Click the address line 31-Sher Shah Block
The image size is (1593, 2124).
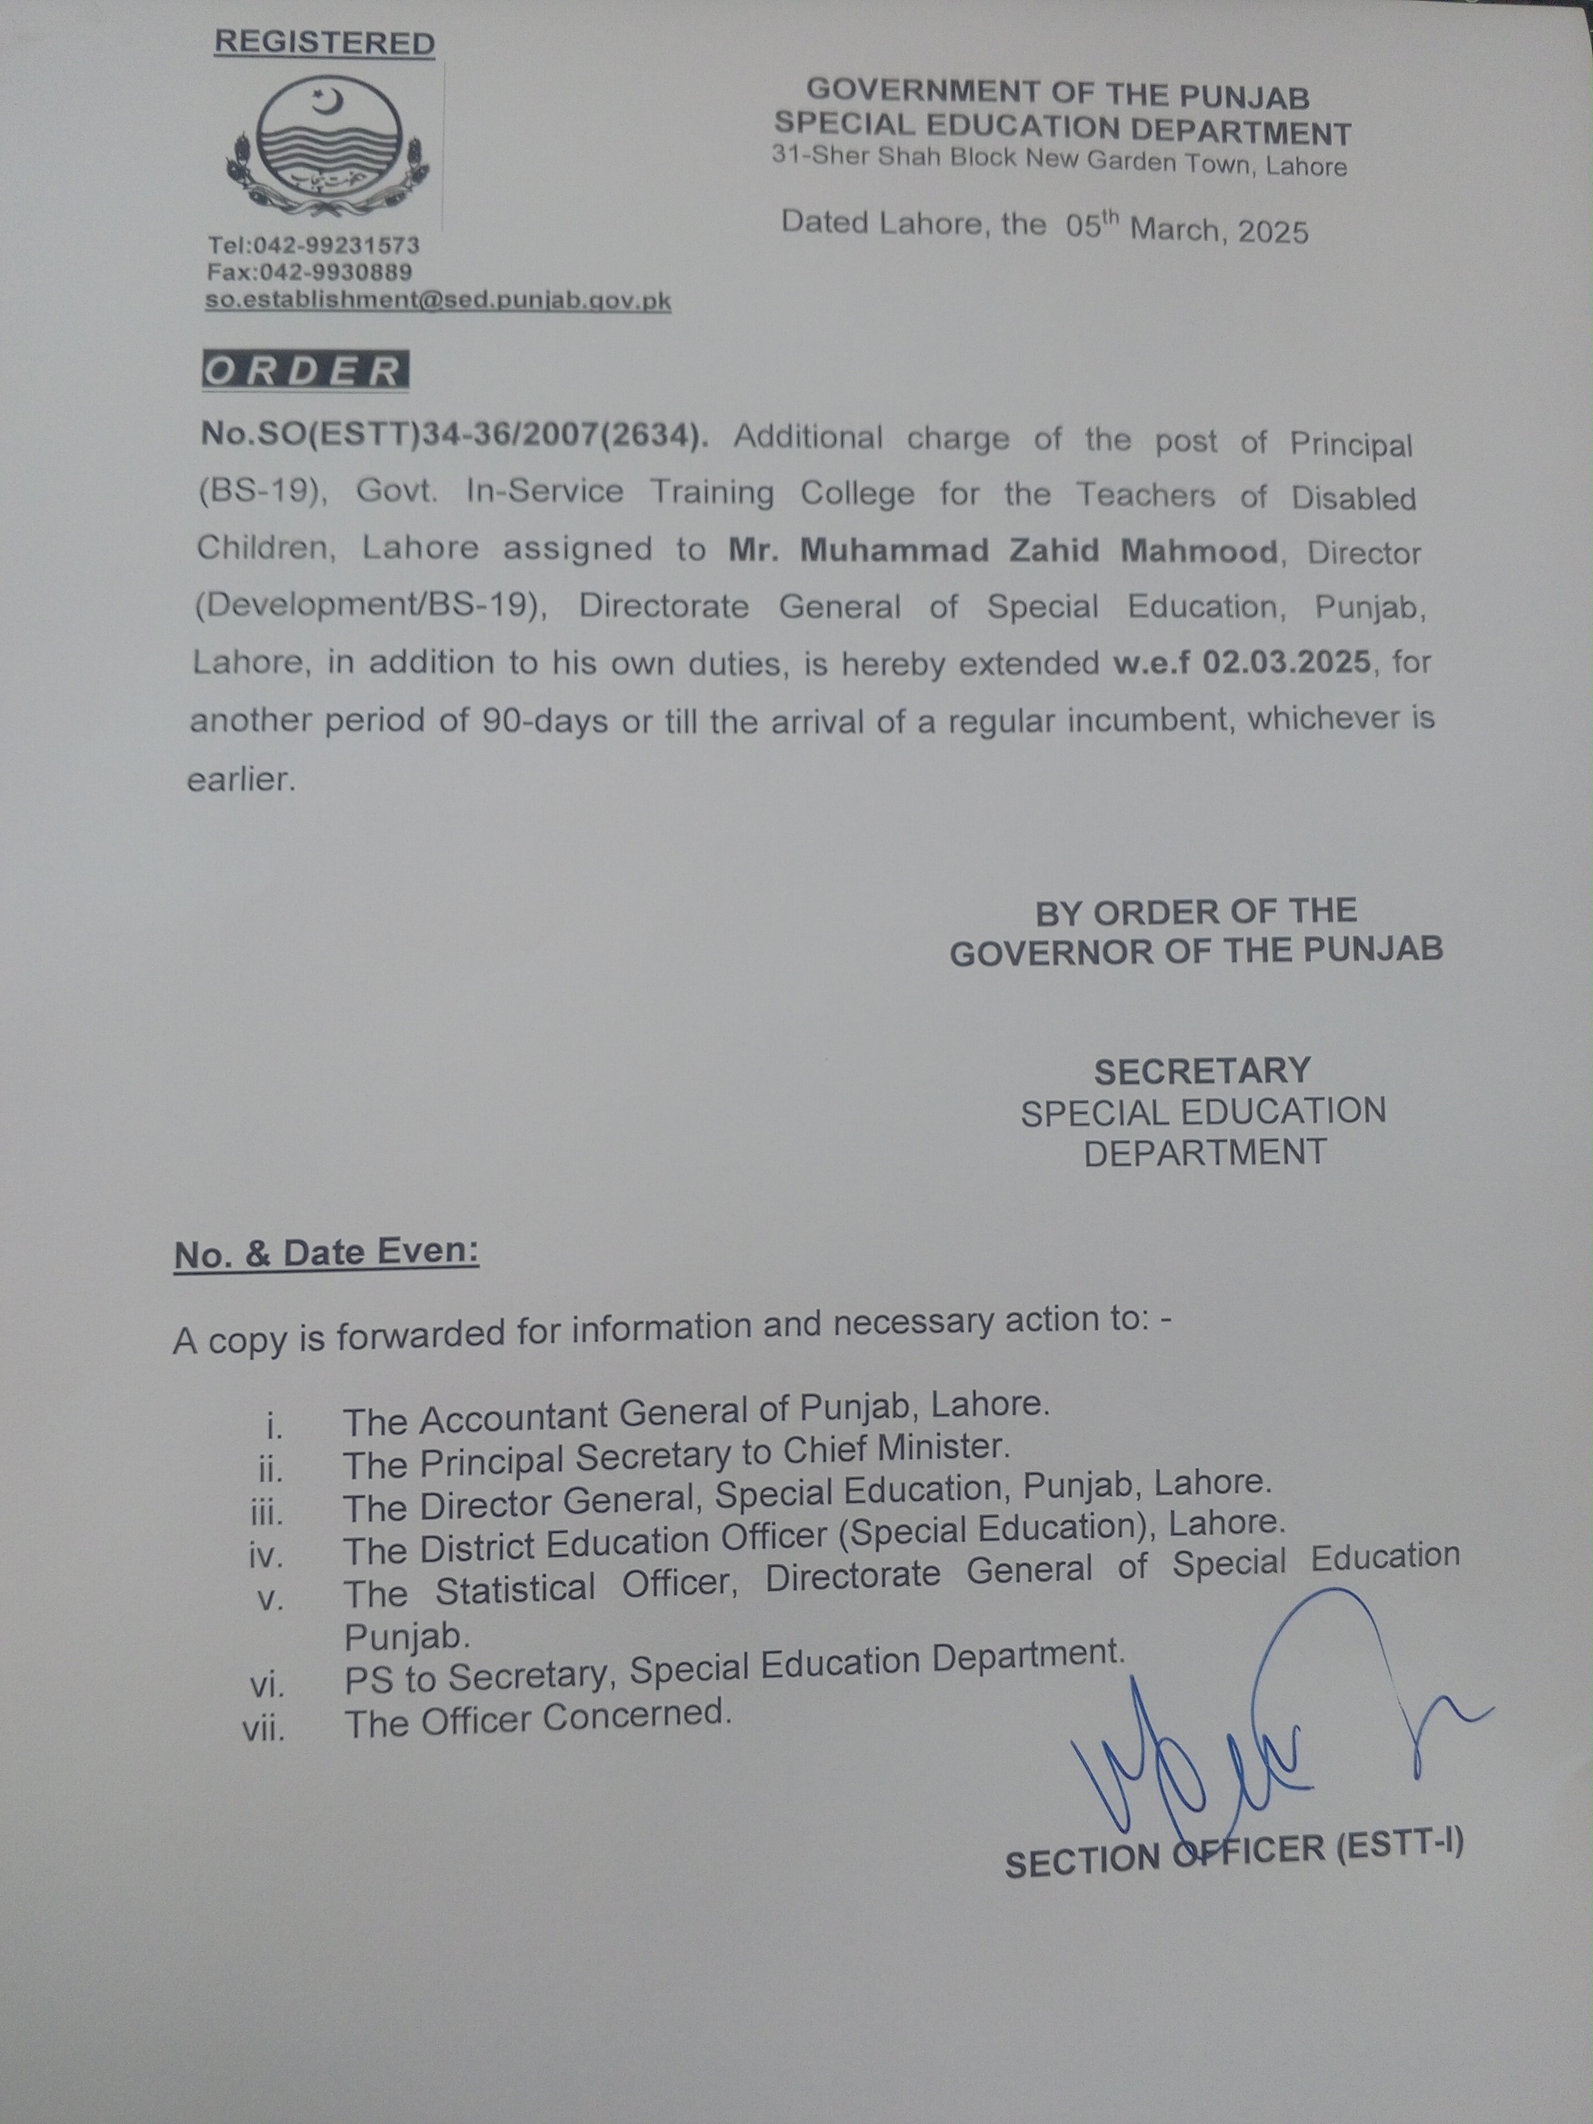click(1059, 161)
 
